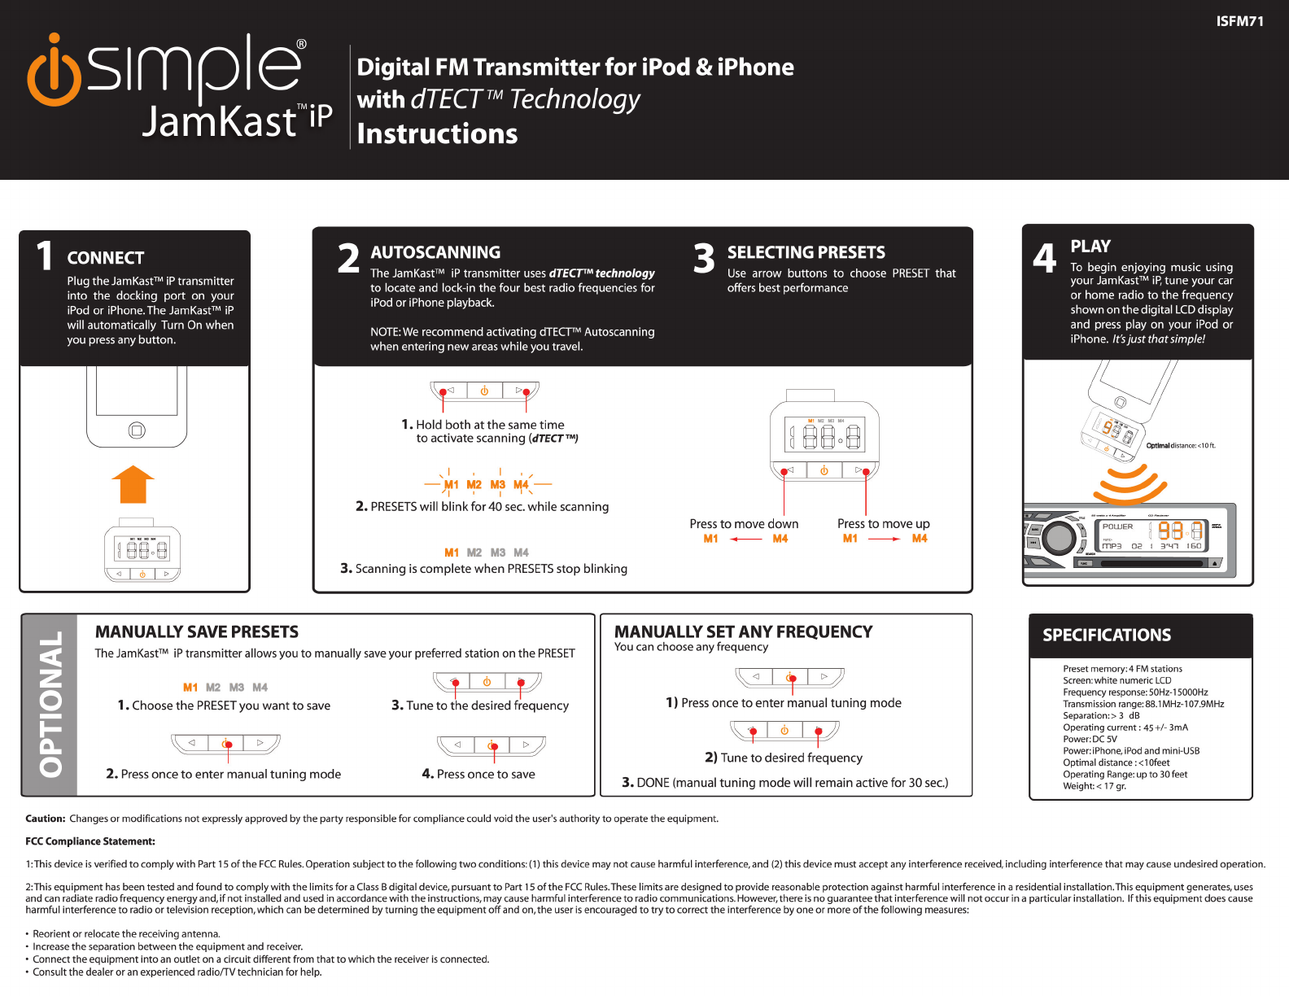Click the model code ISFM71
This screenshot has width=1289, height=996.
coord(1239,21)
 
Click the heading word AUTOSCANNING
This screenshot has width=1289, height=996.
coord(435,252)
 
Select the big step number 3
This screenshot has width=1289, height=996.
coord(704,259)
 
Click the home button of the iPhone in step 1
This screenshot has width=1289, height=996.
coord(137,430)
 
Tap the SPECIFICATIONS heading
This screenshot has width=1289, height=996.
coord(1107,635)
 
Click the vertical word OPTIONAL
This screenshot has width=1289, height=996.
coord(50,704)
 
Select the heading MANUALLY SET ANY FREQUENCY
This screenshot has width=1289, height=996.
coord(743,631)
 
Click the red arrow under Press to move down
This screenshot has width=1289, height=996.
coord(745,539)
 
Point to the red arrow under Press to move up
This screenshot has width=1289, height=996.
coord(885,539)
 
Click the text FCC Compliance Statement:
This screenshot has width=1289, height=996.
coord(90,841)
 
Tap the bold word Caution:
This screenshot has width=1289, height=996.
coord(45,819)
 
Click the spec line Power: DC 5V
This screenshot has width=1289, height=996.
coord(1090,739)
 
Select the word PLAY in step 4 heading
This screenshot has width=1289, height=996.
coord(1090,246)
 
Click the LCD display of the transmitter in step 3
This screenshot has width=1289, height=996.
coord(824,434)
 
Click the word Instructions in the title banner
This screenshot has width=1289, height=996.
coord(437,133)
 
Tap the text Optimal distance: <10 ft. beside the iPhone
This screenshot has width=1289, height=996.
coord(1180,445)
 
